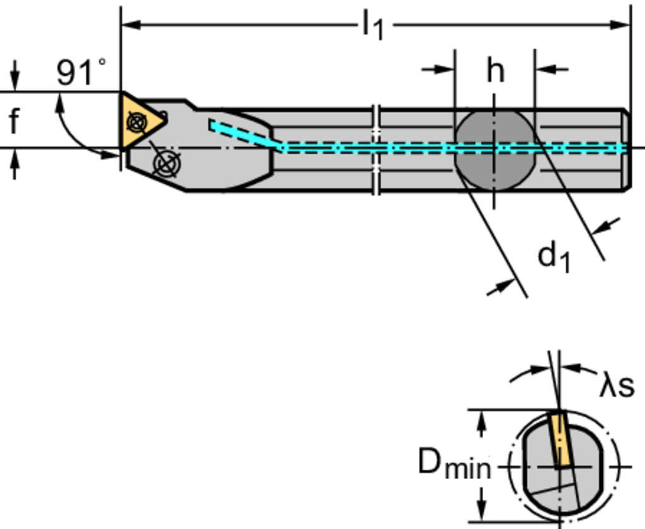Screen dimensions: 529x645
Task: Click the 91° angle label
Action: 81,72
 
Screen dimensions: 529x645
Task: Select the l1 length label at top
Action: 373,26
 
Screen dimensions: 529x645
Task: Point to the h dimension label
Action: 495,70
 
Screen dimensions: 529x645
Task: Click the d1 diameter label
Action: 554,257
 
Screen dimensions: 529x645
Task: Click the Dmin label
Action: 454,465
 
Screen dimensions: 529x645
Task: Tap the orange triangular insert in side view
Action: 140,120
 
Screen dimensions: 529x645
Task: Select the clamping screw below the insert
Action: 166,163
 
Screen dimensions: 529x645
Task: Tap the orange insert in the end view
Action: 559,439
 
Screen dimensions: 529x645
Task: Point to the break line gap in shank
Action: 376,149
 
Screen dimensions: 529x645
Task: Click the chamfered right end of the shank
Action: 627,149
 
